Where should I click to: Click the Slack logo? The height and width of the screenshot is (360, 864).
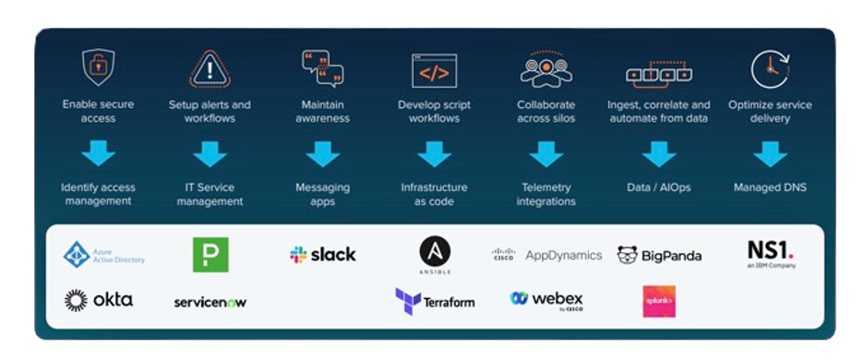pyautogui.click(x=322, y=255)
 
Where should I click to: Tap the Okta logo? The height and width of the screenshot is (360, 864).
pyautogui.click(x=99, y=300)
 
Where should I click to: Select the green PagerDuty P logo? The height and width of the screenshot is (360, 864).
pyautogui.click(x=210, y=255)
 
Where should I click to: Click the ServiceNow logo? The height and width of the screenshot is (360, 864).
pyautogui.click(x=210, y=302)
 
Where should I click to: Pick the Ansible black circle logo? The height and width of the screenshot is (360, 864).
pyautogui.click(x=435, y=253)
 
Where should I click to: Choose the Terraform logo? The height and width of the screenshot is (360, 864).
pyautogui.click(x=435, y=301)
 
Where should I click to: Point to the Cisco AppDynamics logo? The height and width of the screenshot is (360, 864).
pyautogui.click(x=546, y=255)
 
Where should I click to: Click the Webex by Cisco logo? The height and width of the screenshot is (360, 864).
pyautogui.click(x=546, y=300)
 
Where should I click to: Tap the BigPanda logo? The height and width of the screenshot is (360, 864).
pyautogui.click(x=659, y=255)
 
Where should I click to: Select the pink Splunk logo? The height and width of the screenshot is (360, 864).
pyautogui.click(x=659, y=301)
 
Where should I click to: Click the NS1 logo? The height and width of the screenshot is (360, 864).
pyautogui.click(x=771, y=253)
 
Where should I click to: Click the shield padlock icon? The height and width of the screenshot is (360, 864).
pyautogui.click(x=99, y=68)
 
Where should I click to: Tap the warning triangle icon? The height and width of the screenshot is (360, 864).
pyautogui.click(x=210, y=69)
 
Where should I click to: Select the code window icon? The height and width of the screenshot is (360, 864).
pyautogui.click(x=434, y=70)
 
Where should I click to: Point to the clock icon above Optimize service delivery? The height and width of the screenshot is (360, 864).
pyautogui.click(x=770, y=69)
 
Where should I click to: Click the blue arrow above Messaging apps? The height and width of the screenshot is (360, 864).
pyautogui.click(x=322, y=153)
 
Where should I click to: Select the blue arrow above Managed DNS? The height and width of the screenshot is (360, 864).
pyautogui.click(x=770, y=153)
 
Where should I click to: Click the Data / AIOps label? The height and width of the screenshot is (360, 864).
pyautogui.click(x=659, y=187)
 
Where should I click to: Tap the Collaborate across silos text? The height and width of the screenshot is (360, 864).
pyautogui.click(x=546, y=112)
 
